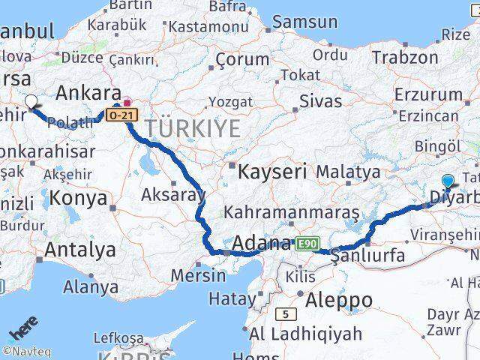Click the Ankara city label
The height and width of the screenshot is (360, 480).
(88, 93)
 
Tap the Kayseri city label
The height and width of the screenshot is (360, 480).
(272, 171)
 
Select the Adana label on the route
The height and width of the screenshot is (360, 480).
(262, 244)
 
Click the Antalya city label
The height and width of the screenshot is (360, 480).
(80, 249)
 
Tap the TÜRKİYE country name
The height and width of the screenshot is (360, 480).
(193, 128)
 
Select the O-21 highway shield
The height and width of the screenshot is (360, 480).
(120, 115)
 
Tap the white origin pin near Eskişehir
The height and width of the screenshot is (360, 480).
(31, 102)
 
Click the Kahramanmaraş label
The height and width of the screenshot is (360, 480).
(291, 212)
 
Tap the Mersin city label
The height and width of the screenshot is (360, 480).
(197, 274)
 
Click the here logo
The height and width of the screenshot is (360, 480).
(22, 331)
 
